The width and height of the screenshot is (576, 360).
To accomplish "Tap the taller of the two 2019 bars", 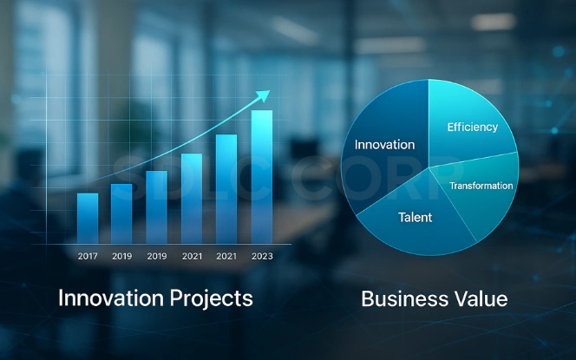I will pyautogui.click(x=156, y=206).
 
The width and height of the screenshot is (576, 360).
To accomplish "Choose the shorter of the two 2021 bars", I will pyautogui.click(x=192, y=198).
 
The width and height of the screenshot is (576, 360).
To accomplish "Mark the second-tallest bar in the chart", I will pyautogui.click(x=226, y=188).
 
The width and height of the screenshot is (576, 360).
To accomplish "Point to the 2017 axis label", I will pyautogui.click(x=88, y=256).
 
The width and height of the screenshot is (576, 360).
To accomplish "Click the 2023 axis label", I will pyautogui.click(x=261, y=256).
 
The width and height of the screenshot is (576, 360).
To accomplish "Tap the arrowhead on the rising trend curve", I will pyautogui.click(x=264, y=95).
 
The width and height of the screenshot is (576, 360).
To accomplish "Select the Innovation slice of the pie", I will pyautogui.click(x=382, y=130).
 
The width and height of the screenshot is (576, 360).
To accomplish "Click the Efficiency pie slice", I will pyautogui.click(x=468, y=130).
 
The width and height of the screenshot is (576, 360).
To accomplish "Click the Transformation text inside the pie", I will pyautogui.click(x=481, y=186).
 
